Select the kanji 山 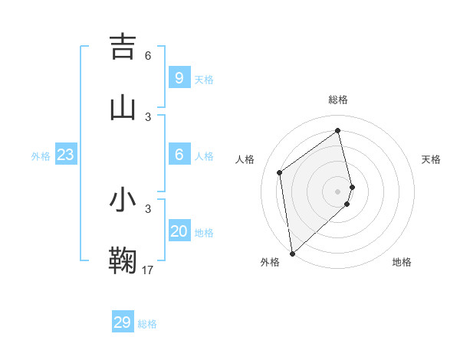123,108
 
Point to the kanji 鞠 123,260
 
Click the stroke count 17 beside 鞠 149,270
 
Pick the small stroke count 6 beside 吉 148,55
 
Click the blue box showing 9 179,78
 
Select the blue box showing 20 179,231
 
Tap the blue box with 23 65,155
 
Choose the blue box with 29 123,322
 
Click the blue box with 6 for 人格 179,155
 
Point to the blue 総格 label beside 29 148,324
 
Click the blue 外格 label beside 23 41,156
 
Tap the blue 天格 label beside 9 204,80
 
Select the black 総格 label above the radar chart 338,100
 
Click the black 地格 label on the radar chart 402,262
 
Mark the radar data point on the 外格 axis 292,253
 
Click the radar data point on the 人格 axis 280,172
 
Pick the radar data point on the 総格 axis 338,130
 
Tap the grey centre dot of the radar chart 338,191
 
